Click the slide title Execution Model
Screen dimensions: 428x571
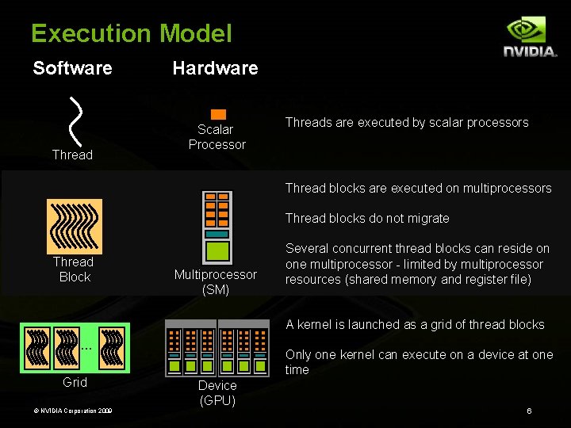pos(131,33)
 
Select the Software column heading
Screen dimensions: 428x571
pos(72,68)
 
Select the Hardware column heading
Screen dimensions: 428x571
pos(215,68)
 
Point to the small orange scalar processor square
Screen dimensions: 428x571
pos(218,114)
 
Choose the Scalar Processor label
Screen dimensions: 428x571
pos(217,137)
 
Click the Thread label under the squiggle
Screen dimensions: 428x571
pos(72,155)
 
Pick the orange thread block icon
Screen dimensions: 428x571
pos(75,226)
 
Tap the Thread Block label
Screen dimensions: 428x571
pos(74,269)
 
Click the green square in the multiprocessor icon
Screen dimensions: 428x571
pos(217,251)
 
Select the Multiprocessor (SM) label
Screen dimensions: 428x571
pos(216,282)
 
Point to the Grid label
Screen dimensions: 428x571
pos(75,383)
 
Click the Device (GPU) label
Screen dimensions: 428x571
pos(217,392)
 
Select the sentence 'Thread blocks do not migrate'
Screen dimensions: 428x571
pos(367,218)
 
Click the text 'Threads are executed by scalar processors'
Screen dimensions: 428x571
pos(406,122)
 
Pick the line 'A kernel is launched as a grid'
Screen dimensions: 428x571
pos(415,324)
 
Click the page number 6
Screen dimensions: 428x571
pos(529,411)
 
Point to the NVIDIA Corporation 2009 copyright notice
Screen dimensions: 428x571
pos(67,411)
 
